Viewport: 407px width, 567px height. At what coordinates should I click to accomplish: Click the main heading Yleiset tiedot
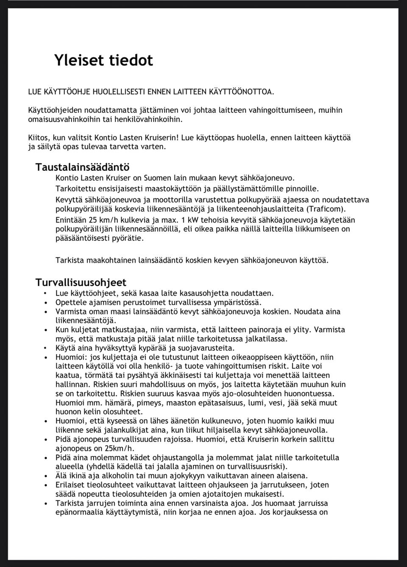[103, 60]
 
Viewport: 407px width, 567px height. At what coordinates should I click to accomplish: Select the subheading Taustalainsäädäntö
[82, 167]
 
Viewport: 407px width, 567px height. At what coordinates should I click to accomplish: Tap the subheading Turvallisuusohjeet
[81, 282]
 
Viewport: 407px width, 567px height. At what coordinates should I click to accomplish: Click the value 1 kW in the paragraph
[190, 220]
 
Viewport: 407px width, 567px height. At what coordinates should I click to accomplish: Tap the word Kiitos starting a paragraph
[38, 138]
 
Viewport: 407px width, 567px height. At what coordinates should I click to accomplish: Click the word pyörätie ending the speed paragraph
[128, 239]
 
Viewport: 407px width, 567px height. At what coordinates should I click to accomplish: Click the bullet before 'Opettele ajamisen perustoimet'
[46, 303]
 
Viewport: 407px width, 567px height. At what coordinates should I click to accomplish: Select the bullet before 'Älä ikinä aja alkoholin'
[46, 476]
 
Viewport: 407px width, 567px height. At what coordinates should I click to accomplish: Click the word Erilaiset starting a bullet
[70, 485]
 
